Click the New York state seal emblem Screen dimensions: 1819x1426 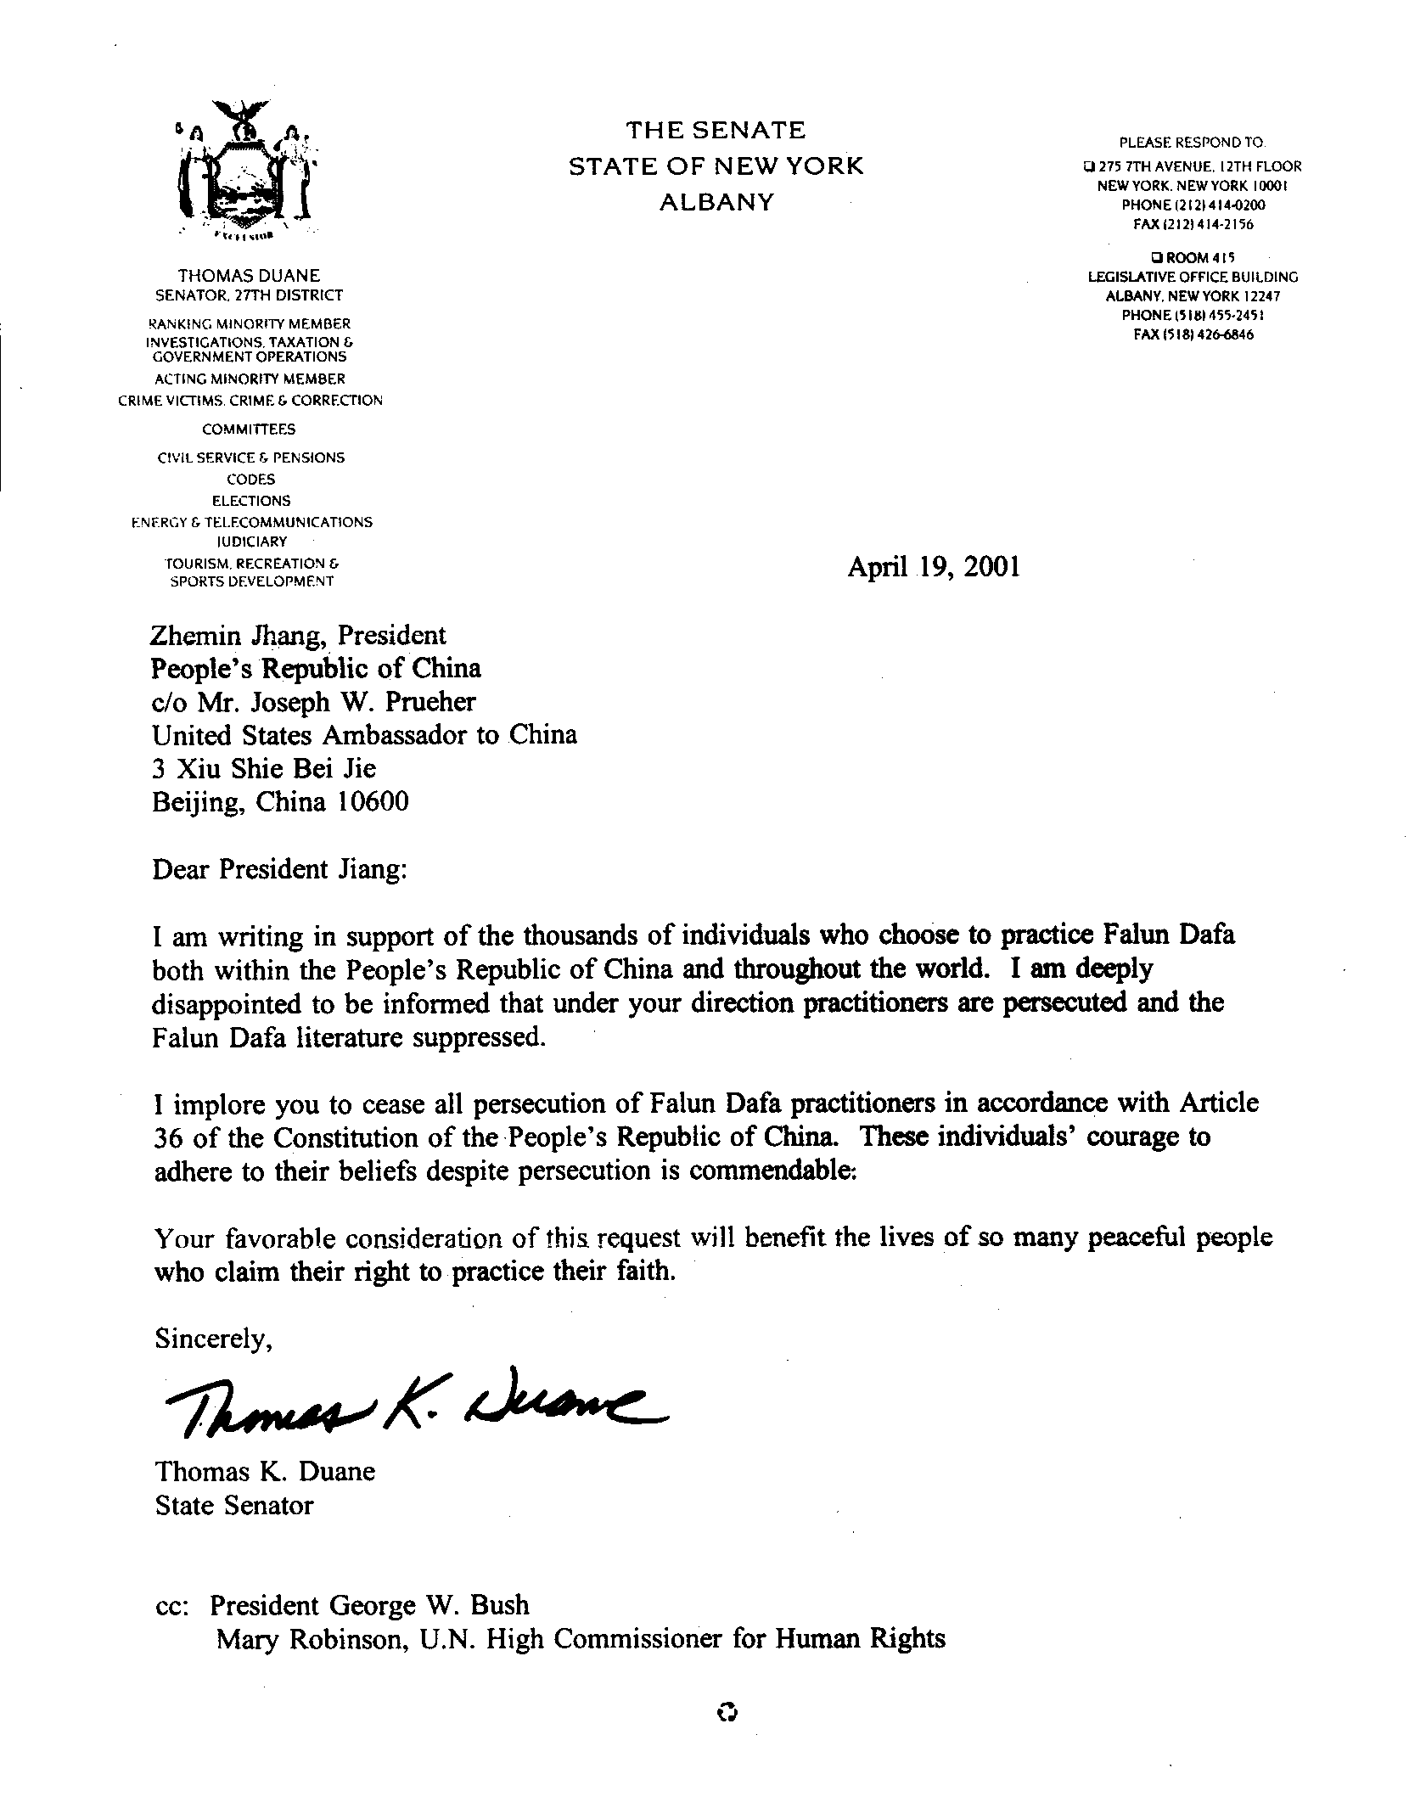click(244, 170)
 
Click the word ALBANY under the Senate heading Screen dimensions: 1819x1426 click(716, 203)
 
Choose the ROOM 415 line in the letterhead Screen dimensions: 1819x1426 click(1193, 257)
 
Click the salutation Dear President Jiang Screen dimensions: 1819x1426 click(279, 870)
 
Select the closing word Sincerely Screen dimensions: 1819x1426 click(213, 1339)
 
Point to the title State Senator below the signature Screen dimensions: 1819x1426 click(234, 1505)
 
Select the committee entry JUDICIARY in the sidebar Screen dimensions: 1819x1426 click(251, 542)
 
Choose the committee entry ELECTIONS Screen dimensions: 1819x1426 click(251, 501)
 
